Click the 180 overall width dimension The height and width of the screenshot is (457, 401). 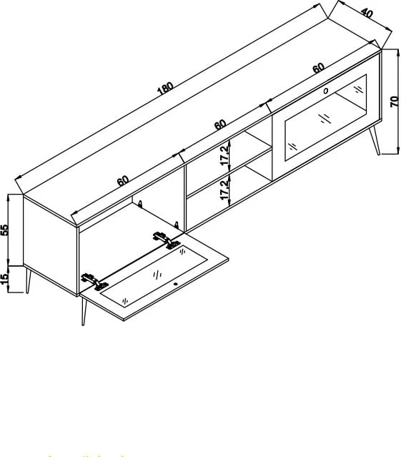165,88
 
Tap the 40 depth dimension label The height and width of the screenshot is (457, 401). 367,13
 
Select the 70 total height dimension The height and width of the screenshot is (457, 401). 394,102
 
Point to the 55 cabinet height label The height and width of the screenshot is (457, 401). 5,230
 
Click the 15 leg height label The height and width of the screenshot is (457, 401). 5,279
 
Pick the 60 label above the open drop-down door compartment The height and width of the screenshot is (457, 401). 123,181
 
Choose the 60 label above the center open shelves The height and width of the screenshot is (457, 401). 220,124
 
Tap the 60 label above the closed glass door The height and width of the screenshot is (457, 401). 318,68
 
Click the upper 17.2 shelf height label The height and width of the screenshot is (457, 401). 225,156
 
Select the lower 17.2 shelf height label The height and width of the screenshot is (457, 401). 225,190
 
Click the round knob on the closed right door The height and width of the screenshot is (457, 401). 325,91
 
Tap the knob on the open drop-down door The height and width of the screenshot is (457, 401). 176,284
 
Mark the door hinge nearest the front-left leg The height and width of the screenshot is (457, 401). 94,282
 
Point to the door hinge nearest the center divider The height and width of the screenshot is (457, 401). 167,240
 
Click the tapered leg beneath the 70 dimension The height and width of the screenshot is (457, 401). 375,140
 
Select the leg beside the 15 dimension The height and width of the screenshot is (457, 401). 28,280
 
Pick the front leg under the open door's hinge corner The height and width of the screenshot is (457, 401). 84,312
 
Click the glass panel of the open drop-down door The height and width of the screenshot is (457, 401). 154,276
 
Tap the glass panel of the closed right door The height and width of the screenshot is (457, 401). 325,117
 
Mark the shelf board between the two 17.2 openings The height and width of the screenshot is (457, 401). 229,172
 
